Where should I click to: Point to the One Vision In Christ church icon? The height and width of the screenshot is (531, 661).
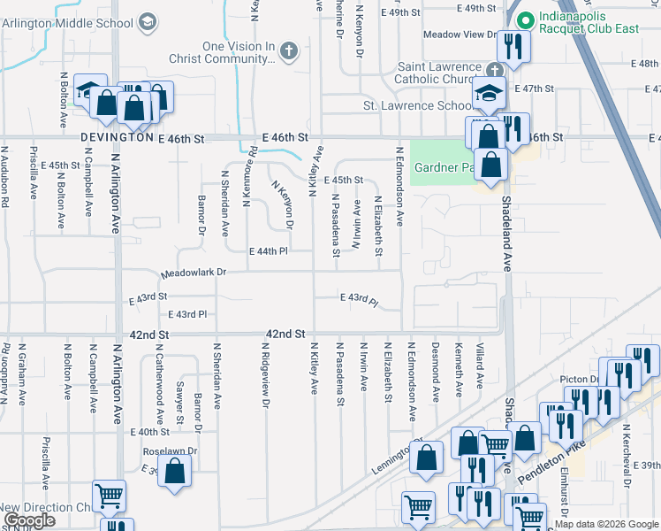tap(287, 52)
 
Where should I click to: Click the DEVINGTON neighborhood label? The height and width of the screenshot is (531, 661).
tap(117, 139)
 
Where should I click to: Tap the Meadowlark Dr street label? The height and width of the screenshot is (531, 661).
tap(194, 273)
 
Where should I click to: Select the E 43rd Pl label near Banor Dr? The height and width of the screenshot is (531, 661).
tap(186, 314)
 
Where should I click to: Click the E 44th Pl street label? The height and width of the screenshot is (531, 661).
tap(269, 251)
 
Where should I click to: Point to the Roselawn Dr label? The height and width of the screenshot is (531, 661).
tap(169, 450)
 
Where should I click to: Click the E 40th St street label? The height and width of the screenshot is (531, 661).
tap(148, 432)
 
